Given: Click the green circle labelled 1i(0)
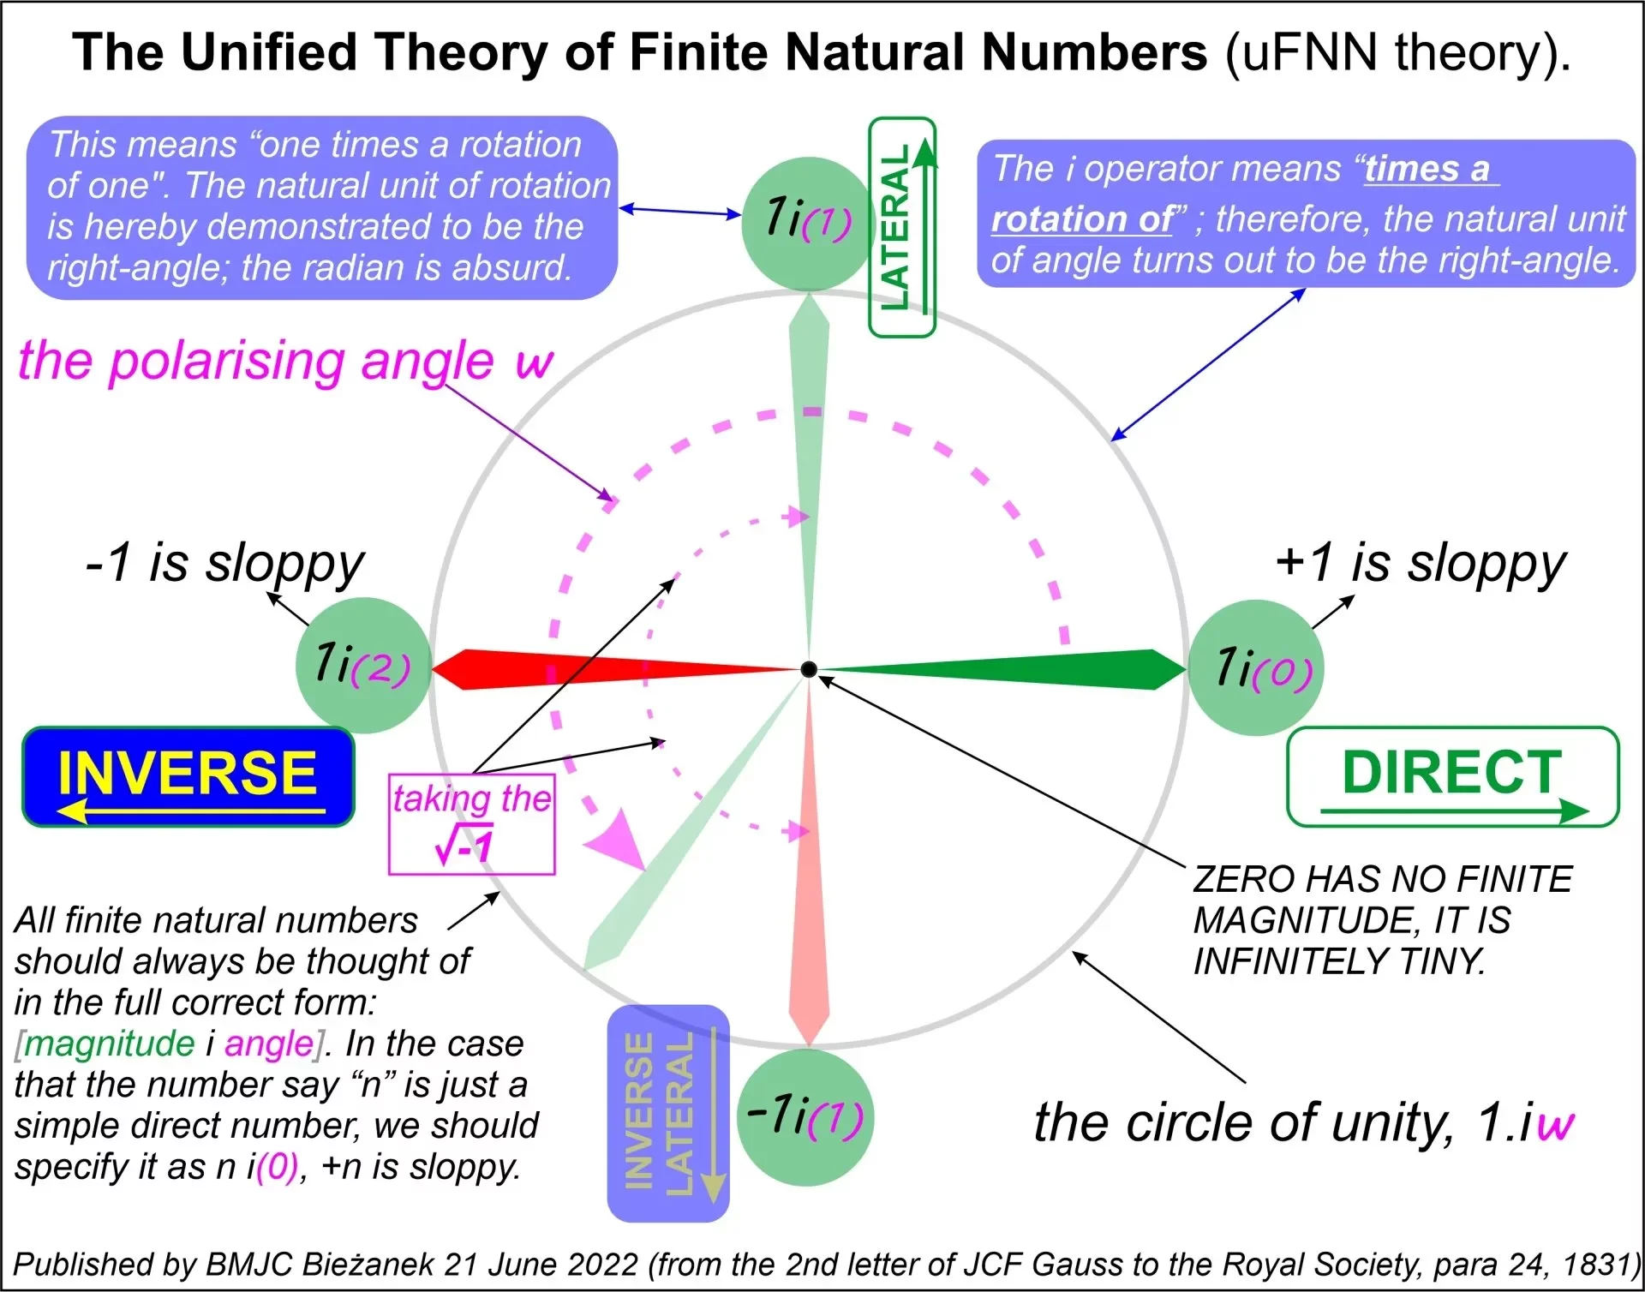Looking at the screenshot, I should click(x=1256, y=667).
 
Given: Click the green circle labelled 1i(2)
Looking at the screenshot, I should click(x=363, y=665).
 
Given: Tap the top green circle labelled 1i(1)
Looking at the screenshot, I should click(x=807, y=222).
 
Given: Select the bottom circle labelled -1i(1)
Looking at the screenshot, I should click(x=805, y=1117).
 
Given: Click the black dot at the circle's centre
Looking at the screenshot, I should click(x=808, y=669).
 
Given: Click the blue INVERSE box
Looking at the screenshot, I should click(x=188, y=776).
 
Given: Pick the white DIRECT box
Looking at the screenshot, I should click(x=1453, y=776).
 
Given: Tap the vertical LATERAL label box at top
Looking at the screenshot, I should click(x=901, y=227).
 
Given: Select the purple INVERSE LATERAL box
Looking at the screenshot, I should click(x=668, y=1113).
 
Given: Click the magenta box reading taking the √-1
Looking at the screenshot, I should click(x=471, y=823).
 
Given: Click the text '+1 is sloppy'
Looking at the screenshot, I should click(x=1421, y=564).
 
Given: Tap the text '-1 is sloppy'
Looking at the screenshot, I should click(x=224, y=564).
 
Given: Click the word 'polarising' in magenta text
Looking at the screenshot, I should click(x=228, y=362).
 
